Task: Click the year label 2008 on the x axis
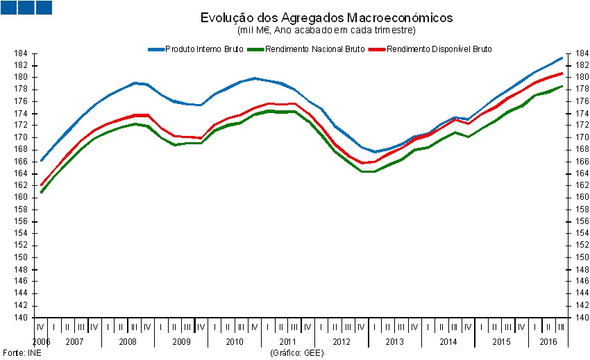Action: coord(127,342)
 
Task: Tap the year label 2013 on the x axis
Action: coord(394,342)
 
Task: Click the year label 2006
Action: coord(41,342)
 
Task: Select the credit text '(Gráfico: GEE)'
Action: coord(297,352)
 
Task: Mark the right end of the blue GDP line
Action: coord(562,58)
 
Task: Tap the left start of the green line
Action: coord(42,192)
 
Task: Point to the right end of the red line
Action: coord(562,73)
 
